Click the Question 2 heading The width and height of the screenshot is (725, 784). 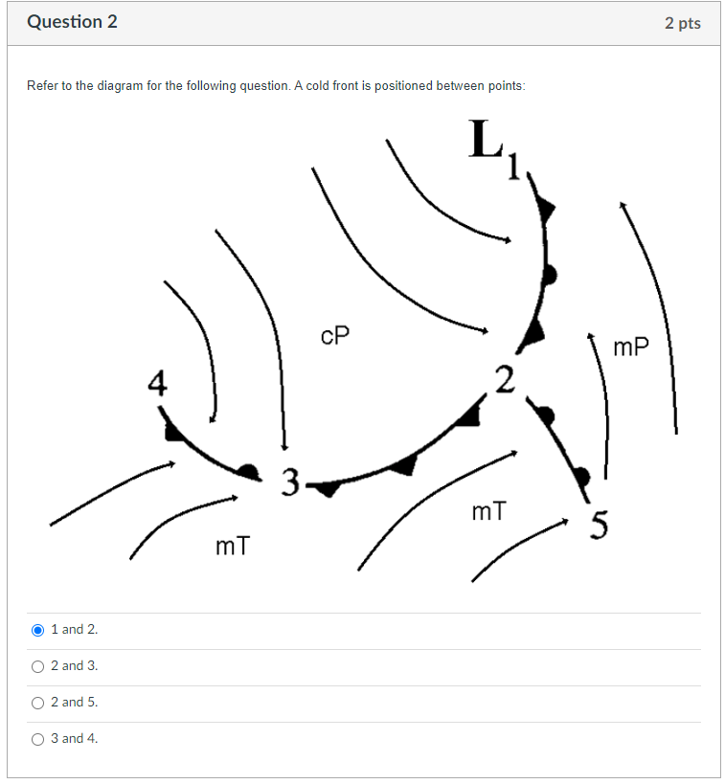pos(73,22)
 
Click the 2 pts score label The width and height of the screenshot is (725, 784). pos(682,23)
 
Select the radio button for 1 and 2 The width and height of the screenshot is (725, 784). pos(38,630)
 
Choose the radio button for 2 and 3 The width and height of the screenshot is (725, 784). pos(38,666)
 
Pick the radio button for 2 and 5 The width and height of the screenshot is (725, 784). pos(38,703)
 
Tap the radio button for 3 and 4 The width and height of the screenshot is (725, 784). pos(38,739)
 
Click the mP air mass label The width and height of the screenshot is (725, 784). pos(630,347)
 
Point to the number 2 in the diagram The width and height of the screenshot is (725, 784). pos(505,377)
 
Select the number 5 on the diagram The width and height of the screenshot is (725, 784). pos(600,526)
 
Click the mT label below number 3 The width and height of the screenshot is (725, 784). pos(233,547)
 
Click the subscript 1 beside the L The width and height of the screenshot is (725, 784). pos(514,168)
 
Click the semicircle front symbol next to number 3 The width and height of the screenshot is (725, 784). pos(250,470)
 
